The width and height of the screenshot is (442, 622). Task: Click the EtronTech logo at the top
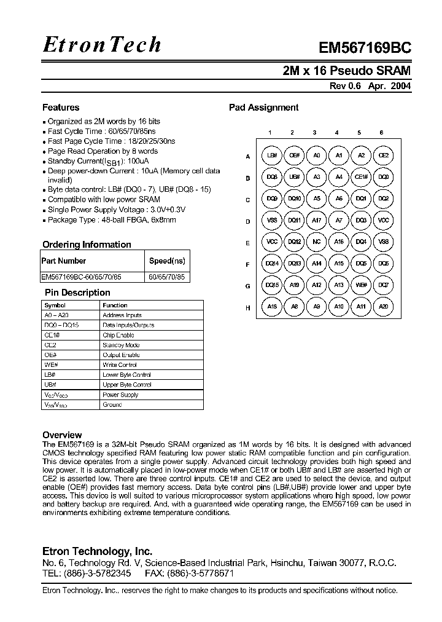point(102,44)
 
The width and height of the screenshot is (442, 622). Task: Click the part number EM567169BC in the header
point(365,49)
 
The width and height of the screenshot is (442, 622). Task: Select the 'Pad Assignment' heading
point(263,108)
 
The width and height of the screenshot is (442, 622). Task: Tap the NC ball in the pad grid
point(316,242)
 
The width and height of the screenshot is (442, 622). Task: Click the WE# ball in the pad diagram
point(361,285)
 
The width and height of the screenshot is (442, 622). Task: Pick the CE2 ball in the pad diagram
point(383,156)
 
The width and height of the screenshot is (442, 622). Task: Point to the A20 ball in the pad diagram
point(383,307)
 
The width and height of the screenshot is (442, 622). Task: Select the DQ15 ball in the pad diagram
point(271,285)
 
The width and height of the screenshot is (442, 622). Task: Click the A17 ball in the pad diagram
point(316,221)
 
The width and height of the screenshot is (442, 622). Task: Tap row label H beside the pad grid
point(247,307)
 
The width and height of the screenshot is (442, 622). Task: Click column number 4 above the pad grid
point(336,132)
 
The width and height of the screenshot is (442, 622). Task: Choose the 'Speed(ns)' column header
point(166,261)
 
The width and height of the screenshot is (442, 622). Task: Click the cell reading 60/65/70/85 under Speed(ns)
point(166,277)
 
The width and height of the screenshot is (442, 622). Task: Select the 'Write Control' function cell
point(120,365)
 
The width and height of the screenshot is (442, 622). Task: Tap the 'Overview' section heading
point(62,435)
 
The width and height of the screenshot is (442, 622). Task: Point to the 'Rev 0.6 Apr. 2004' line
point(370,87)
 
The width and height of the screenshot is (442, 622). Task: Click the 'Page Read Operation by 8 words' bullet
point(103,151)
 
